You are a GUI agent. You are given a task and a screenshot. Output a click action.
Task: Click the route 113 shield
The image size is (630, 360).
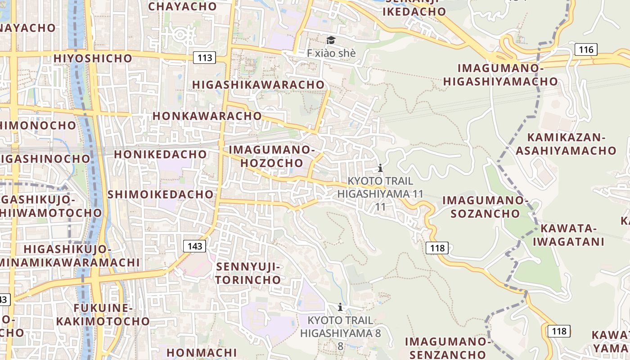click(205, 58)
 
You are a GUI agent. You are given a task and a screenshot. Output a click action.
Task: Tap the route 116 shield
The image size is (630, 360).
click(586, 49)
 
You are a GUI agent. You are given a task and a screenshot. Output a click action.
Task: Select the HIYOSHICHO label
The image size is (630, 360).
click(93, 58)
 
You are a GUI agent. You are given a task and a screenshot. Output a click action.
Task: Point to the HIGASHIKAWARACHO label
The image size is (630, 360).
click(258, 85)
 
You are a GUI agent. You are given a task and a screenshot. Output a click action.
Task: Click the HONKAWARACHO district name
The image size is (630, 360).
click(207, 116)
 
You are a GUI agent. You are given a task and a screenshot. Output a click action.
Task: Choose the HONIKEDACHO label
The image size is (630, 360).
click(160, 154)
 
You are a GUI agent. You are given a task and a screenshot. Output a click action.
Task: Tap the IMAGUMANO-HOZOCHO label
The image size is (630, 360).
click(271, 156)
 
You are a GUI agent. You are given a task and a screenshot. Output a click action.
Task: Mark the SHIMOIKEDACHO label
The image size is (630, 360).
click(160, 194)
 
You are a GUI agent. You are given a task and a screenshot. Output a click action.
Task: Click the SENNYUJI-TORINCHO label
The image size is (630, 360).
click(248, 273)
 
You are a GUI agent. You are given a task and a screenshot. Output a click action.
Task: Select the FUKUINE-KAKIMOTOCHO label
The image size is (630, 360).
click(103, 315)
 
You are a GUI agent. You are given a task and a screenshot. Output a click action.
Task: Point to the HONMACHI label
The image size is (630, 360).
click(195, 352)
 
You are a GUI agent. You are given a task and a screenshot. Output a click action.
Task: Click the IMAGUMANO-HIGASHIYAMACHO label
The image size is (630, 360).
click(500, 75)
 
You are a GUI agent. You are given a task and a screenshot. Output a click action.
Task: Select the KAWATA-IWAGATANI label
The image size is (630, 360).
click(568, 235)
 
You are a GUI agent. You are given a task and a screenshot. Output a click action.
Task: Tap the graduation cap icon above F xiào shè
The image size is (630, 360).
click(331, 40)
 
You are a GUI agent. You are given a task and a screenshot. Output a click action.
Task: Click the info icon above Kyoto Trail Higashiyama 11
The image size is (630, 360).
click(380, 168)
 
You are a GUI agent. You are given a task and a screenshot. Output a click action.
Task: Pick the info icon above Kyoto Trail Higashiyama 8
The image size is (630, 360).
click(340, 307)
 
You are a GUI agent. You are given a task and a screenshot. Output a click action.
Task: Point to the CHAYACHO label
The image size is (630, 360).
click(182, 6)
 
